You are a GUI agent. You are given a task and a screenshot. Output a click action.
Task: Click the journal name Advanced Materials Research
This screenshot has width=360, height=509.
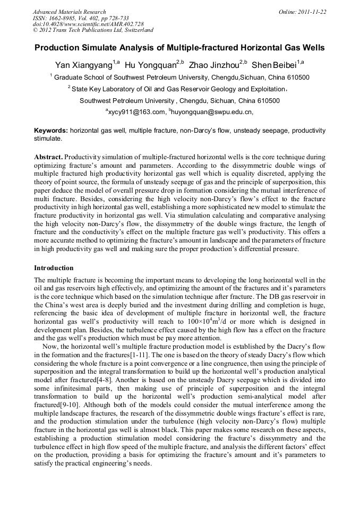[x=69, y=12]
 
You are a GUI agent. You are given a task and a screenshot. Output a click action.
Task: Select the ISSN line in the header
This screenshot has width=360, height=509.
[x=81, y=18]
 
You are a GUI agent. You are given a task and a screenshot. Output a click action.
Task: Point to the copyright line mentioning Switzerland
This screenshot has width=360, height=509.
[x=93, y=31]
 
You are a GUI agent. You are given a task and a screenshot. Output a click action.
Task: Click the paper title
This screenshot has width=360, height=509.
[x=179, y=48]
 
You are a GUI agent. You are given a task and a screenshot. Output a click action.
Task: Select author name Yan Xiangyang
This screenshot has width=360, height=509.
[x=84, y=65]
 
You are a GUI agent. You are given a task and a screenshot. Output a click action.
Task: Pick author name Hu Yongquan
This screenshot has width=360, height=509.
[x=150, y=65]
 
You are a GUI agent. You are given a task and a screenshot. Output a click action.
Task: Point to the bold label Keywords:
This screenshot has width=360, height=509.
[x=51, y=131]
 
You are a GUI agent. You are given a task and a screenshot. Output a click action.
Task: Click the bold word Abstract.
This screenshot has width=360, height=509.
[x=49, y=158]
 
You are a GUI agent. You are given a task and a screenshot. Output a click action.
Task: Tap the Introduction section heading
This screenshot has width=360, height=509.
[x=54, y=268]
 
